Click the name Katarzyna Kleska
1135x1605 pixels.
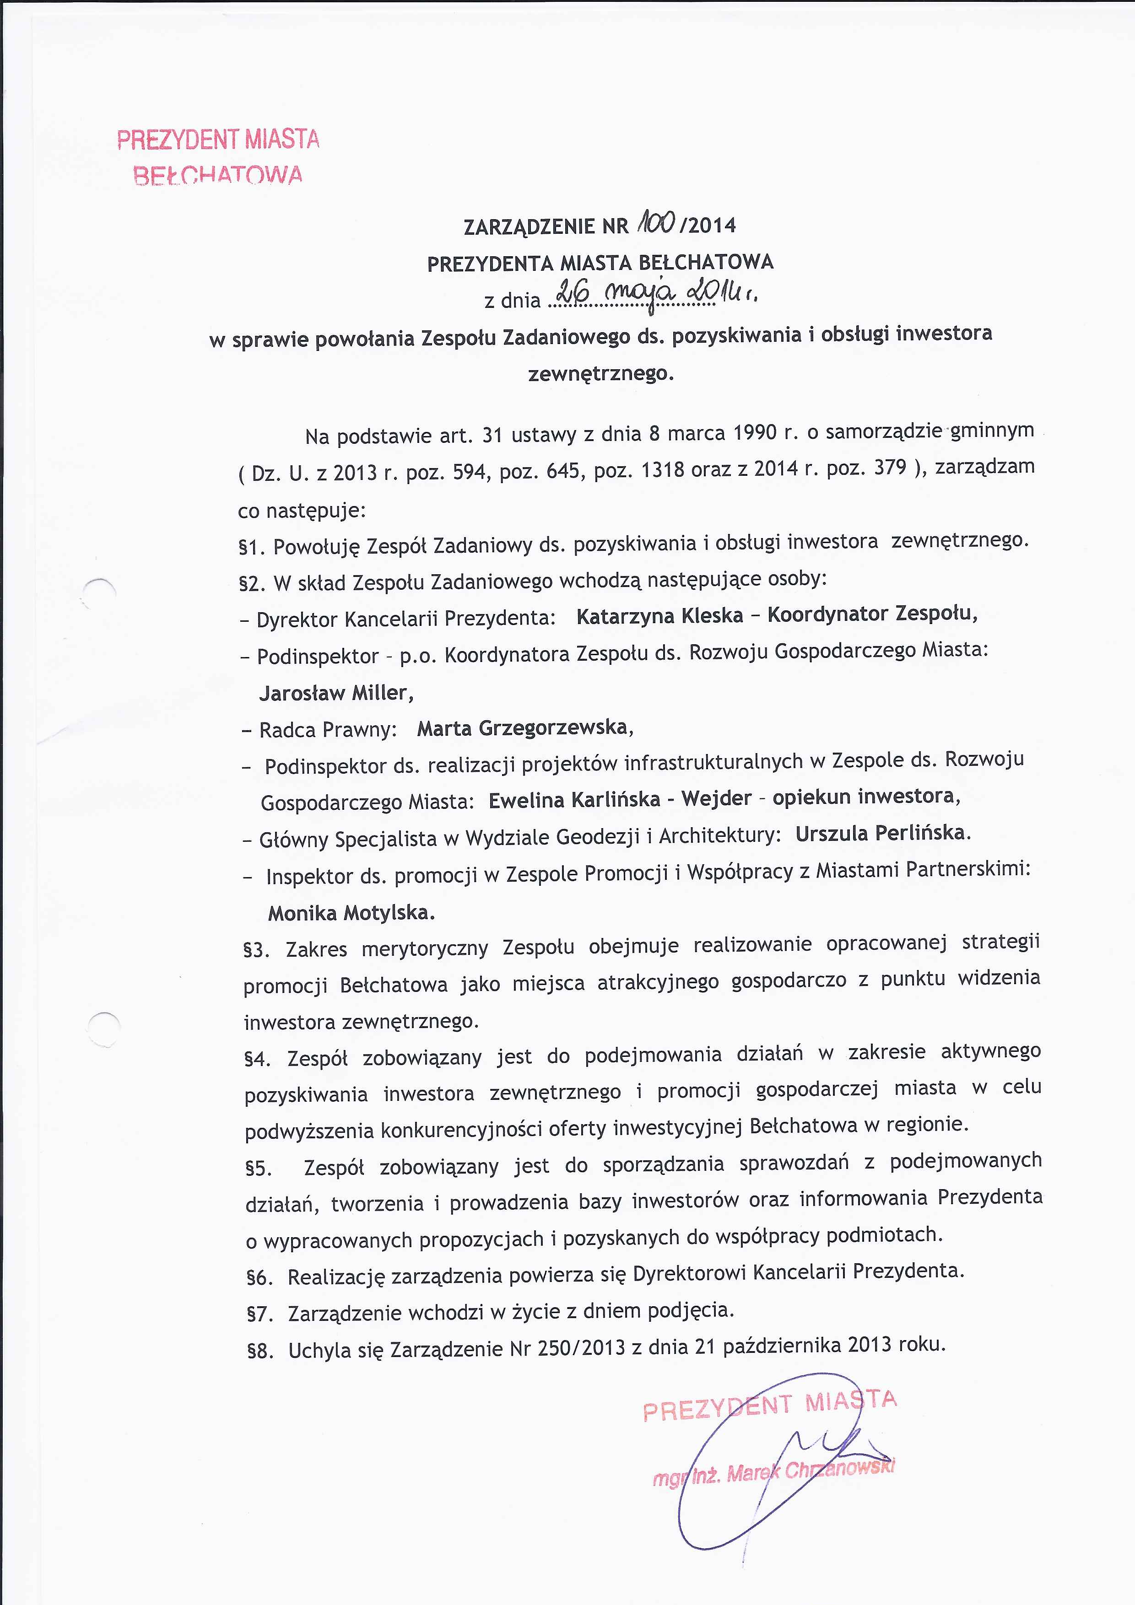click(x=659, y=616)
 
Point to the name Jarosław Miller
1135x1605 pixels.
click(x=335, y=693)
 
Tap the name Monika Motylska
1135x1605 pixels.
click(x=351, y=913)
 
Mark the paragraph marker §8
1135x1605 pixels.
click(x=259, y=1351)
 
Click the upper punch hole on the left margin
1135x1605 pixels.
click(x=100, y=595)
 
